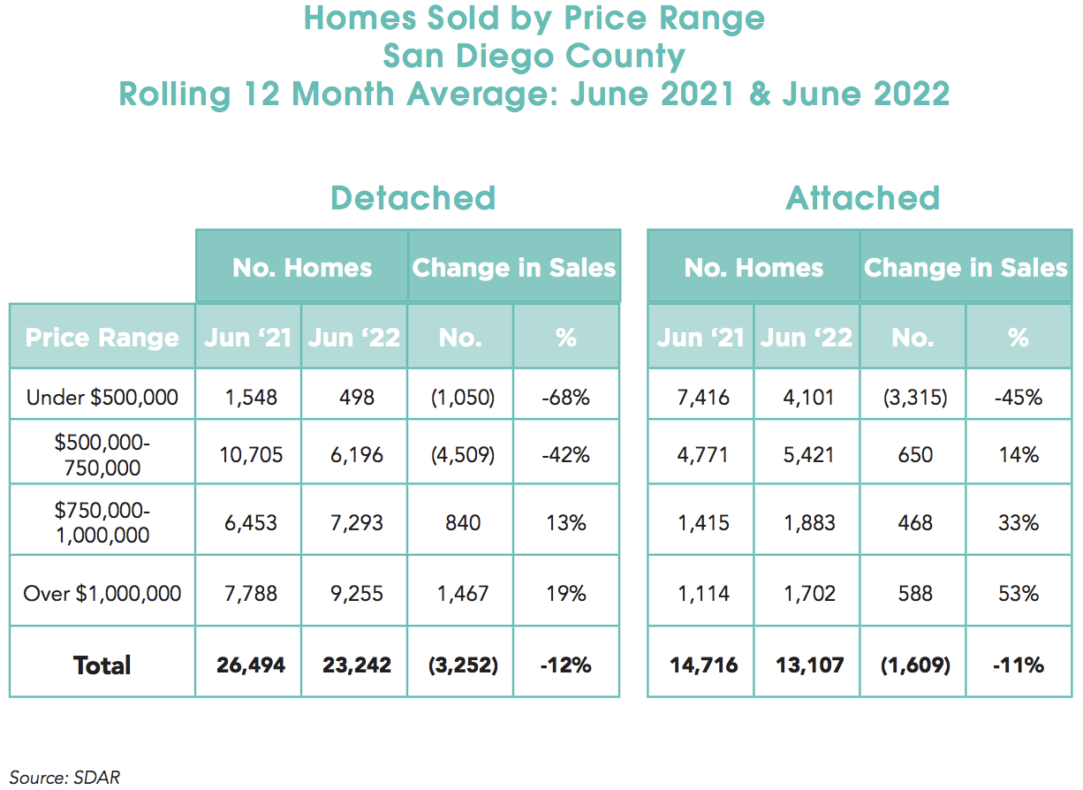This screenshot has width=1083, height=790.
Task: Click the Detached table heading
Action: (413, 197)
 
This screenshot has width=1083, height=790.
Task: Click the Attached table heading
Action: (862, 197)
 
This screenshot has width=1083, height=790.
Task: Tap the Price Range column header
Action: (102, 337)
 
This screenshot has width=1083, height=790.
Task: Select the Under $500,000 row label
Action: (102, 398)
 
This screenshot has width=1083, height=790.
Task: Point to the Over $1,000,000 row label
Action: (102, 592)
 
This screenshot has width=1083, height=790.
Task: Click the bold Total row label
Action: (102, 665)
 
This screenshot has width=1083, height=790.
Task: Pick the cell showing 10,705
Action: (248, 454)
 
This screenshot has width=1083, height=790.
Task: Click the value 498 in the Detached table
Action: (354, 398)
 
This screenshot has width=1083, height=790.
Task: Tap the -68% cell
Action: (566, 398)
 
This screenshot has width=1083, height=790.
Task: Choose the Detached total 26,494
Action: (250, 665)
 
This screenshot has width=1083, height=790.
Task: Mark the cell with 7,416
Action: (701, 398)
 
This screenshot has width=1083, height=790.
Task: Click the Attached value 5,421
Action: (807, 454)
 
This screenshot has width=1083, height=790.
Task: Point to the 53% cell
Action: (1019, 592)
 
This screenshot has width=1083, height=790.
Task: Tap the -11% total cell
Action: (1019, 665)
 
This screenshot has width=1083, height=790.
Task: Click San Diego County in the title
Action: (534, 56)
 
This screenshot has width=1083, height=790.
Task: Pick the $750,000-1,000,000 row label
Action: (102, 522)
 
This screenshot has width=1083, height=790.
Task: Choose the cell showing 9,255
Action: (354, 592)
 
